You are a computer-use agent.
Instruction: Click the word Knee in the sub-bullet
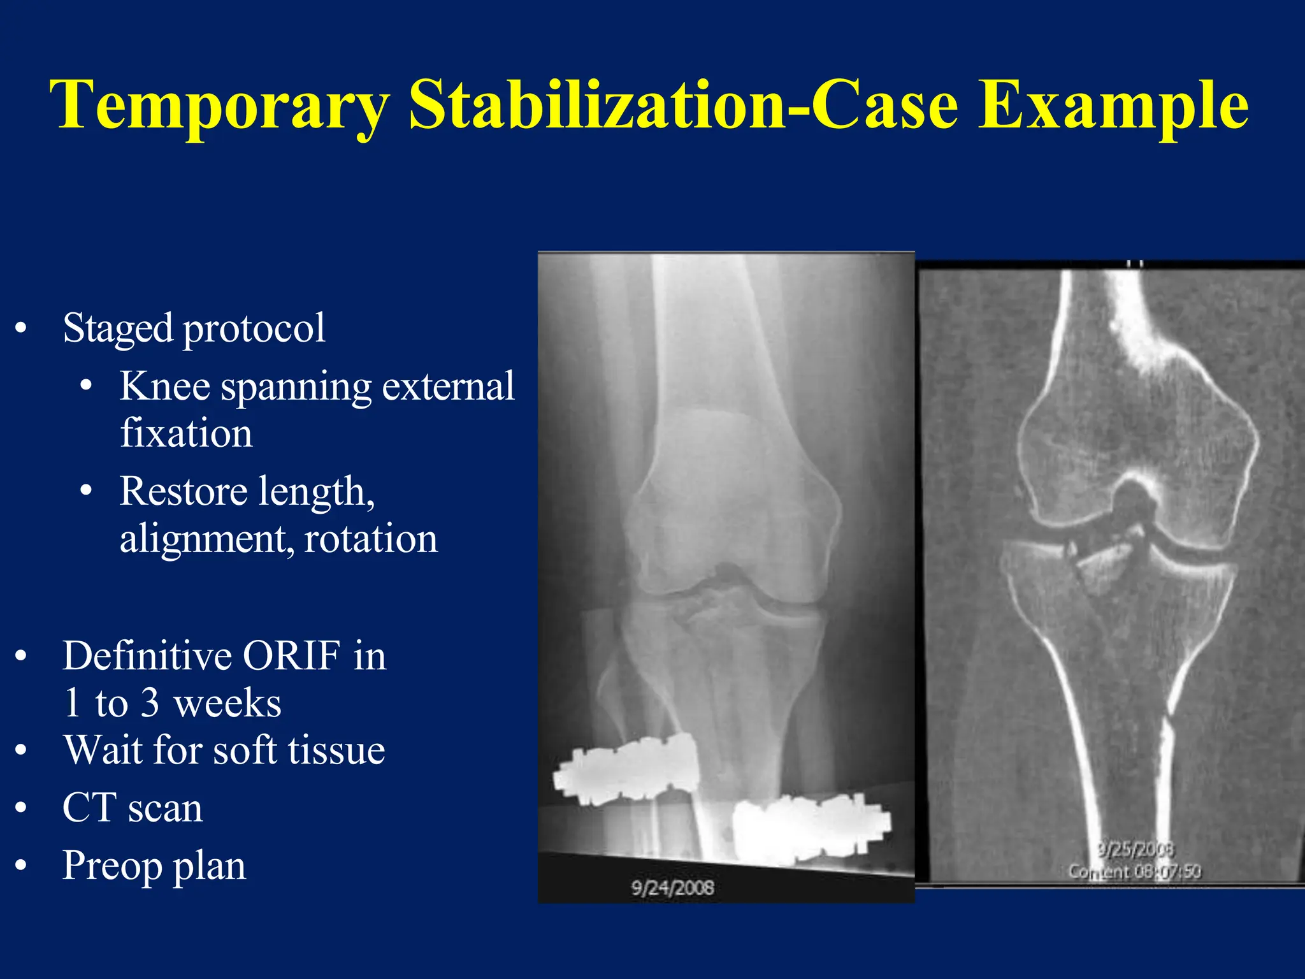(164, 386)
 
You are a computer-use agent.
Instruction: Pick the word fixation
(186, 433)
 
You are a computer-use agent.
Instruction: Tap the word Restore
(184, 491)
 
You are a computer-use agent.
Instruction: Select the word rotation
(371, 539)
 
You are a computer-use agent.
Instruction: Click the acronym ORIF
(291, 656)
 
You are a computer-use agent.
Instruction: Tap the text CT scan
(133, 808)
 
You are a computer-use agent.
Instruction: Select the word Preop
(112, 867)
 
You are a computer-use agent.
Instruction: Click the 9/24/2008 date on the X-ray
(672, 888)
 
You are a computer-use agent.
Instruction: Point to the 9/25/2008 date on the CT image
(1136, 850)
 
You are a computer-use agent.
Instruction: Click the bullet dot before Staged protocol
(21, 329)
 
